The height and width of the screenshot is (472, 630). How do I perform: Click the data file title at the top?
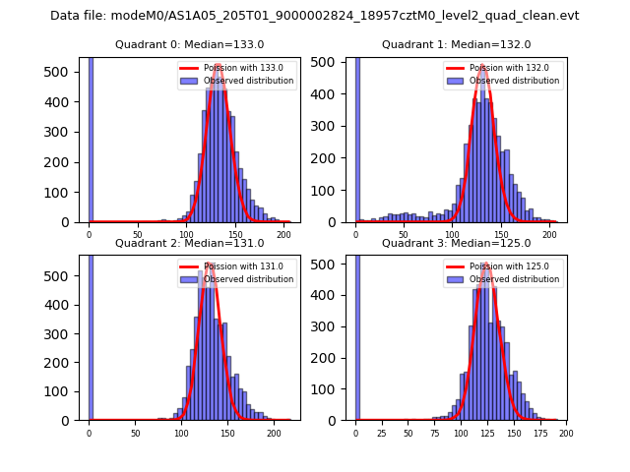[x=315, y=16]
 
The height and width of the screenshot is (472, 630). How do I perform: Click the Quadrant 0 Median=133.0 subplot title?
[x=189, y=44]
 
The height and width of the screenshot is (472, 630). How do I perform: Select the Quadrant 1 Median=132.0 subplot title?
[x=456, y=44]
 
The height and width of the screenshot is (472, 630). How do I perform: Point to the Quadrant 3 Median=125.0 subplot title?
[x=456, y=243]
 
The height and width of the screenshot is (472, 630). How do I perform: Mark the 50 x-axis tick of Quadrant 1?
[x=404, y=235]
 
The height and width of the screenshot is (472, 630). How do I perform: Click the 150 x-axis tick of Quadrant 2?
[x=227, y=433]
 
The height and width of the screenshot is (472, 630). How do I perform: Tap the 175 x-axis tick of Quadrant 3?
[x=539, y=433]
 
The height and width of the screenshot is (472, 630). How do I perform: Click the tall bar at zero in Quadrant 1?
[x=356, y=138]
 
